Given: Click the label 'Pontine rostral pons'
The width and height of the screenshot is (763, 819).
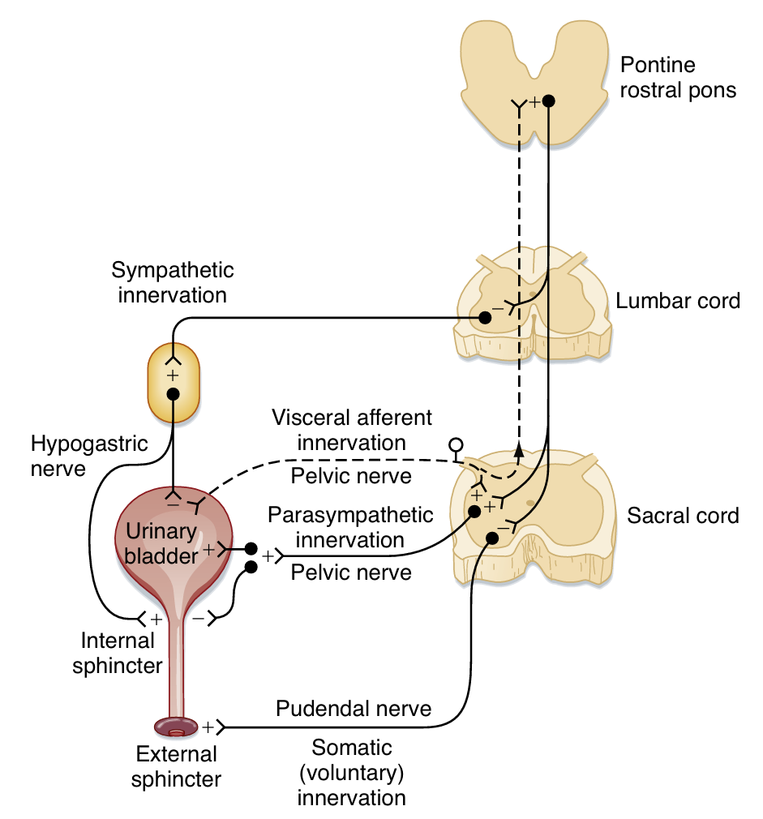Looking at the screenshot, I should [678, 77].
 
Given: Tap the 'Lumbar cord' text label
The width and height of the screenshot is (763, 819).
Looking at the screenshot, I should [678, 302].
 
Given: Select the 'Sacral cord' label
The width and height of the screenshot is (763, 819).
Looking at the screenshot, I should [683, 516].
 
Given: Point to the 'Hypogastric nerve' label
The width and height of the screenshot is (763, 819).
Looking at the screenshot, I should [78, 456].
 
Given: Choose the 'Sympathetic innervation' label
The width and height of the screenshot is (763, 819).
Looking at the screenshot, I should [173, 282].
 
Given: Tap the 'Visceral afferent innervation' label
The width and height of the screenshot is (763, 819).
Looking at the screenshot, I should [352, 430].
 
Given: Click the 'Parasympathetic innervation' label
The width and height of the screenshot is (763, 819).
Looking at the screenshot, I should [350, 526].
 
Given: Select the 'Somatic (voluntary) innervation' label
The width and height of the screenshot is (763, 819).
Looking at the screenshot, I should [351, 772].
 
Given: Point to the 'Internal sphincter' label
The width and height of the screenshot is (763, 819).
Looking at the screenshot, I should [118, 653].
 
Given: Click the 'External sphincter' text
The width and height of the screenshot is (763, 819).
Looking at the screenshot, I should [176, 766].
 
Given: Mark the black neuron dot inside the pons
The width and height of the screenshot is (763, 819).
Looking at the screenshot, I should [549, 101].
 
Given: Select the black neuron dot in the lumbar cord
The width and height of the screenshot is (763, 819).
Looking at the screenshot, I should [485, 319].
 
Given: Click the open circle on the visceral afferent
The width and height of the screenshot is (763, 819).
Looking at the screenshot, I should [457, 444].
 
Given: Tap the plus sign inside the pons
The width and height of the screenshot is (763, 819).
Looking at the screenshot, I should [534, 102].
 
